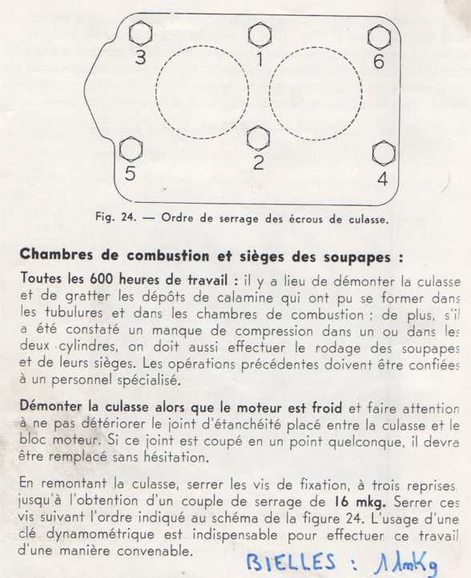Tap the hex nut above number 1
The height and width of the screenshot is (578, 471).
259,35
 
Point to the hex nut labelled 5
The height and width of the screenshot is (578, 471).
130,150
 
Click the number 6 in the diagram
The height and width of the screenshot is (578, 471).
378,63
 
